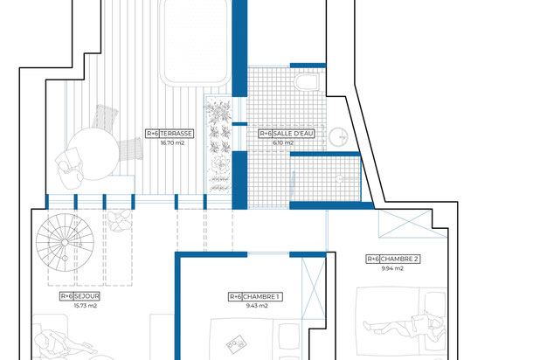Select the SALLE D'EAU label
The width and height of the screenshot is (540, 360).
pos(287,135)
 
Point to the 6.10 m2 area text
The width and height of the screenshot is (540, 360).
pos(285,144)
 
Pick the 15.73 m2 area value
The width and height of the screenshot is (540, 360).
pos(83,306)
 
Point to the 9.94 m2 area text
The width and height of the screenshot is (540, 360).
pos(392,268)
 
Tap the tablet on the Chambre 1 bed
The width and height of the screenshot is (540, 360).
pos(234,343)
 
